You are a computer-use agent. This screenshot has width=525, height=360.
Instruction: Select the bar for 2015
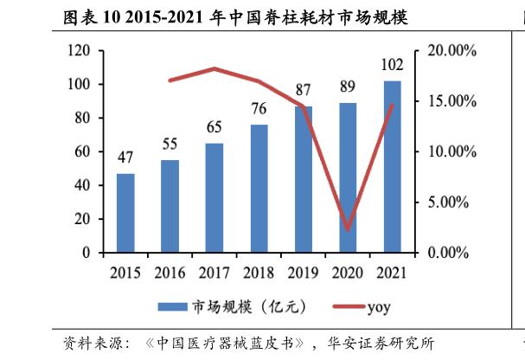pos(125,213)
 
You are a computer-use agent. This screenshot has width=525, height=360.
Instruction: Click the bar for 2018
pos(259,189)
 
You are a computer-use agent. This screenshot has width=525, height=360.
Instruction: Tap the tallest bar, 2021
pos(393,166)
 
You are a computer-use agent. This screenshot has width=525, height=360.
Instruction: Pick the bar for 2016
pos(170,206)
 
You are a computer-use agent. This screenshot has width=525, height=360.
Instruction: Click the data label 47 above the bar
pos(125,157)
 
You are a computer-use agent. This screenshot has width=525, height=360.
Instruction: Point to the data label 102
pos(393,65)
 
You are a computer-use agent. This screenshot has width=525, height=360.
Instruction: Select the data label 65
pos(214,127)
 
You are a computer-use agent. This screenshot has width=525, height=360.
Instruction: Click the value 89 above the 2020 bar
pos(349,87)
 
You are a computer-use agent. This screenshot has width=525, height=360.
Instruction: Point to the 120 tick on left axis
pos(80,51)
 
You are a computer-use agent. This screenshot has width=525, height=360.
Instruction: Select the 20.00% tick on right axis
pos(451,51)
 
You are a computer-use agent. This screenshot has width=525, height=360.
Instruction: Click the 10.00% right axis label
pos(451,152)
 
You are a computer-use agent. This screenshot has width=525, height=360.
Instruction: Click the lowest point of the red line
pos(348,230)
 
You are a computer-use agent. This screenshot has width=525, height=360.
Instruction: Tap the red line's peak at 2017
pos(214,68)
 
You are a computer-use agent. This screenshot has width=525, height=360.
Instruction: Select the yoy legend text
pos(379,307)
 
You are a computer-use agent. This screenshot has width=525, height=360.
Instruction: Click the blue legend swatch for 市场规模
pos(174,307)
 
